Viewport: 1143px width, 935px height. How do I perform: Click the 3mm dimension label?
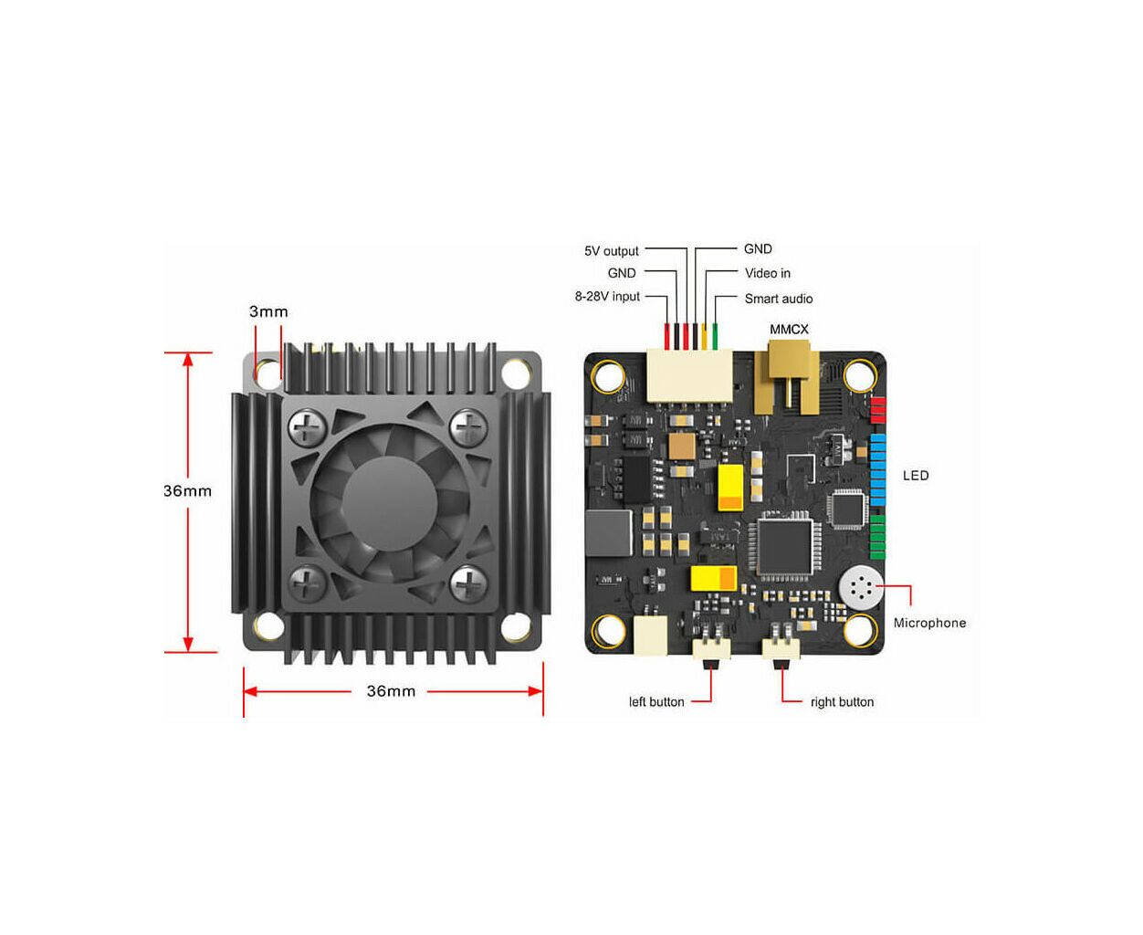pyautogui.click(x=268, y=311)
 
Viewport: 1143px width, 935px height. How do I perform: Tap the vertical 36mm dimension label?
pyautogui.click(x=187, y=491)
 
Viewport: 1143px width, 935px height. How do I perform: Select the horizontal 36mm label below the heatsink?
pyautogui.click(x=391, y=691)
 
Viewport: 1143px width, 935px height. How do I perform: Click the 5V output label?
pyautogui.click(x=612, y=251)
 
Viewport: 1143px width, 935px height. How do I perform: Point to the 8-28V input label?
pyautogui.click(x=607, y=297)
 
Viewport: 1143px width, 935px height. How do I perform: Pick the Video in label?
pyautogui.click(x=768, y=273)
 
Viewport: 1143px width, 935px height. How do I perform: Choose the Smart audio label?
pyautogui.click(x=778, y=299)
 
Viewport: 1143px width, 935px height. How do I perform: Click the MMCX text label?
pyautogui.click(x=789, y=329)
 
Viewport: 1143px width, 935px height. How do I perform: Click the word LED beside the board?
pyautogui.click(x=916, y=476)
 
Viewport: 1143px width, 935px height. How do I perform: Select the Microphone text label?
pyautogui.click(x=929, y=623)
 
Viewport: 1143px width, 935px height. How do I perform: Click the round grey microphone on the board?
pyautogui.click(x=860, y=586)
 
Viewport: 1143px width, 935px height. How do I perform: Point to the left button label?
pyautogui.click(x=656, y=702)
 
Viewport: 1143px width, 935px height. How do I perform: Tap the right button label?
pyautogui.click(x=842, y=702)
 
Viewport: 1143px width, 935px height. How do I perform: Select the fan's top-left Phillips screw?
pyautogui.click(x=308, y=427)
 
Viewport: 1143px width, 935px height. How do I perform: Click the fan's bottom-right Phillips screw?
pyautogui.click(x=469, y=583)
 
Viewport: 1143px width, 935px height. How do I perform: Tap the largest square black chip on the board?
pyautogui.click(x=784, y=547)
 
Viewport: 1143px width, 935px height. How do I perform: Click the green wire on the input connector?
pyautogui.click(x=715, y=336)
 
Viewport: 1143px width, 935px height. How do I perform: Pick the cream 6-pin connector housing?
pyautogui.click(x=689, y=375)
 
